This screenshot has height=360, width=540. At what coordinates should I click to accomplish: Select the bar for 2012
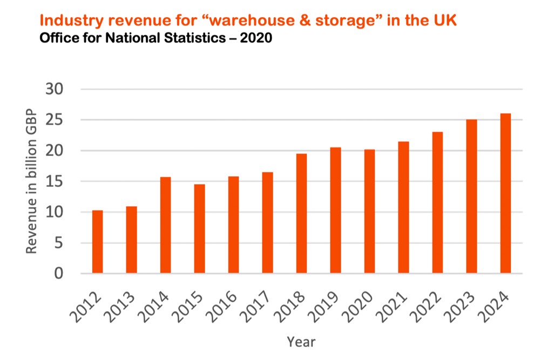coord(97,242)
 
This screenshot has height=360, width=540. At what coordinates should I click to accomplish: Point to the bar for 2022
coord(437,203)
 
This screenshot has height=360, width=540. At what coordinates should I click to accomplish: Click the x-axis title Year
coord(301,342)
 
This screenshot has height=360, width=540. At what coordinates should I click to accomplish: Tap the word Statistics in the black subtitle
coord(184,38)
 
